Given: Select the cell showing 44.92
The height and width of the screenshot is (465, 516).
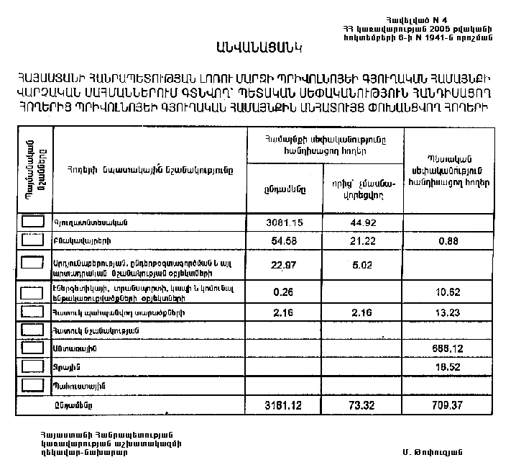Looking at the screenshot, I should pyautogui.click(x=364, y=222).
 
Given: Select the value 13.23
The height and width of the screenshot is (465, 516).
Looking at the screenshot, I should pyautogui.click(x=448, y=312).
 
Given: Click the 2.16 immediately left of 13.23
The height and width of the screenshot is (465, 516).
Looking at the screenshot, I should pyautogui.click(x=364, y=312).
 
